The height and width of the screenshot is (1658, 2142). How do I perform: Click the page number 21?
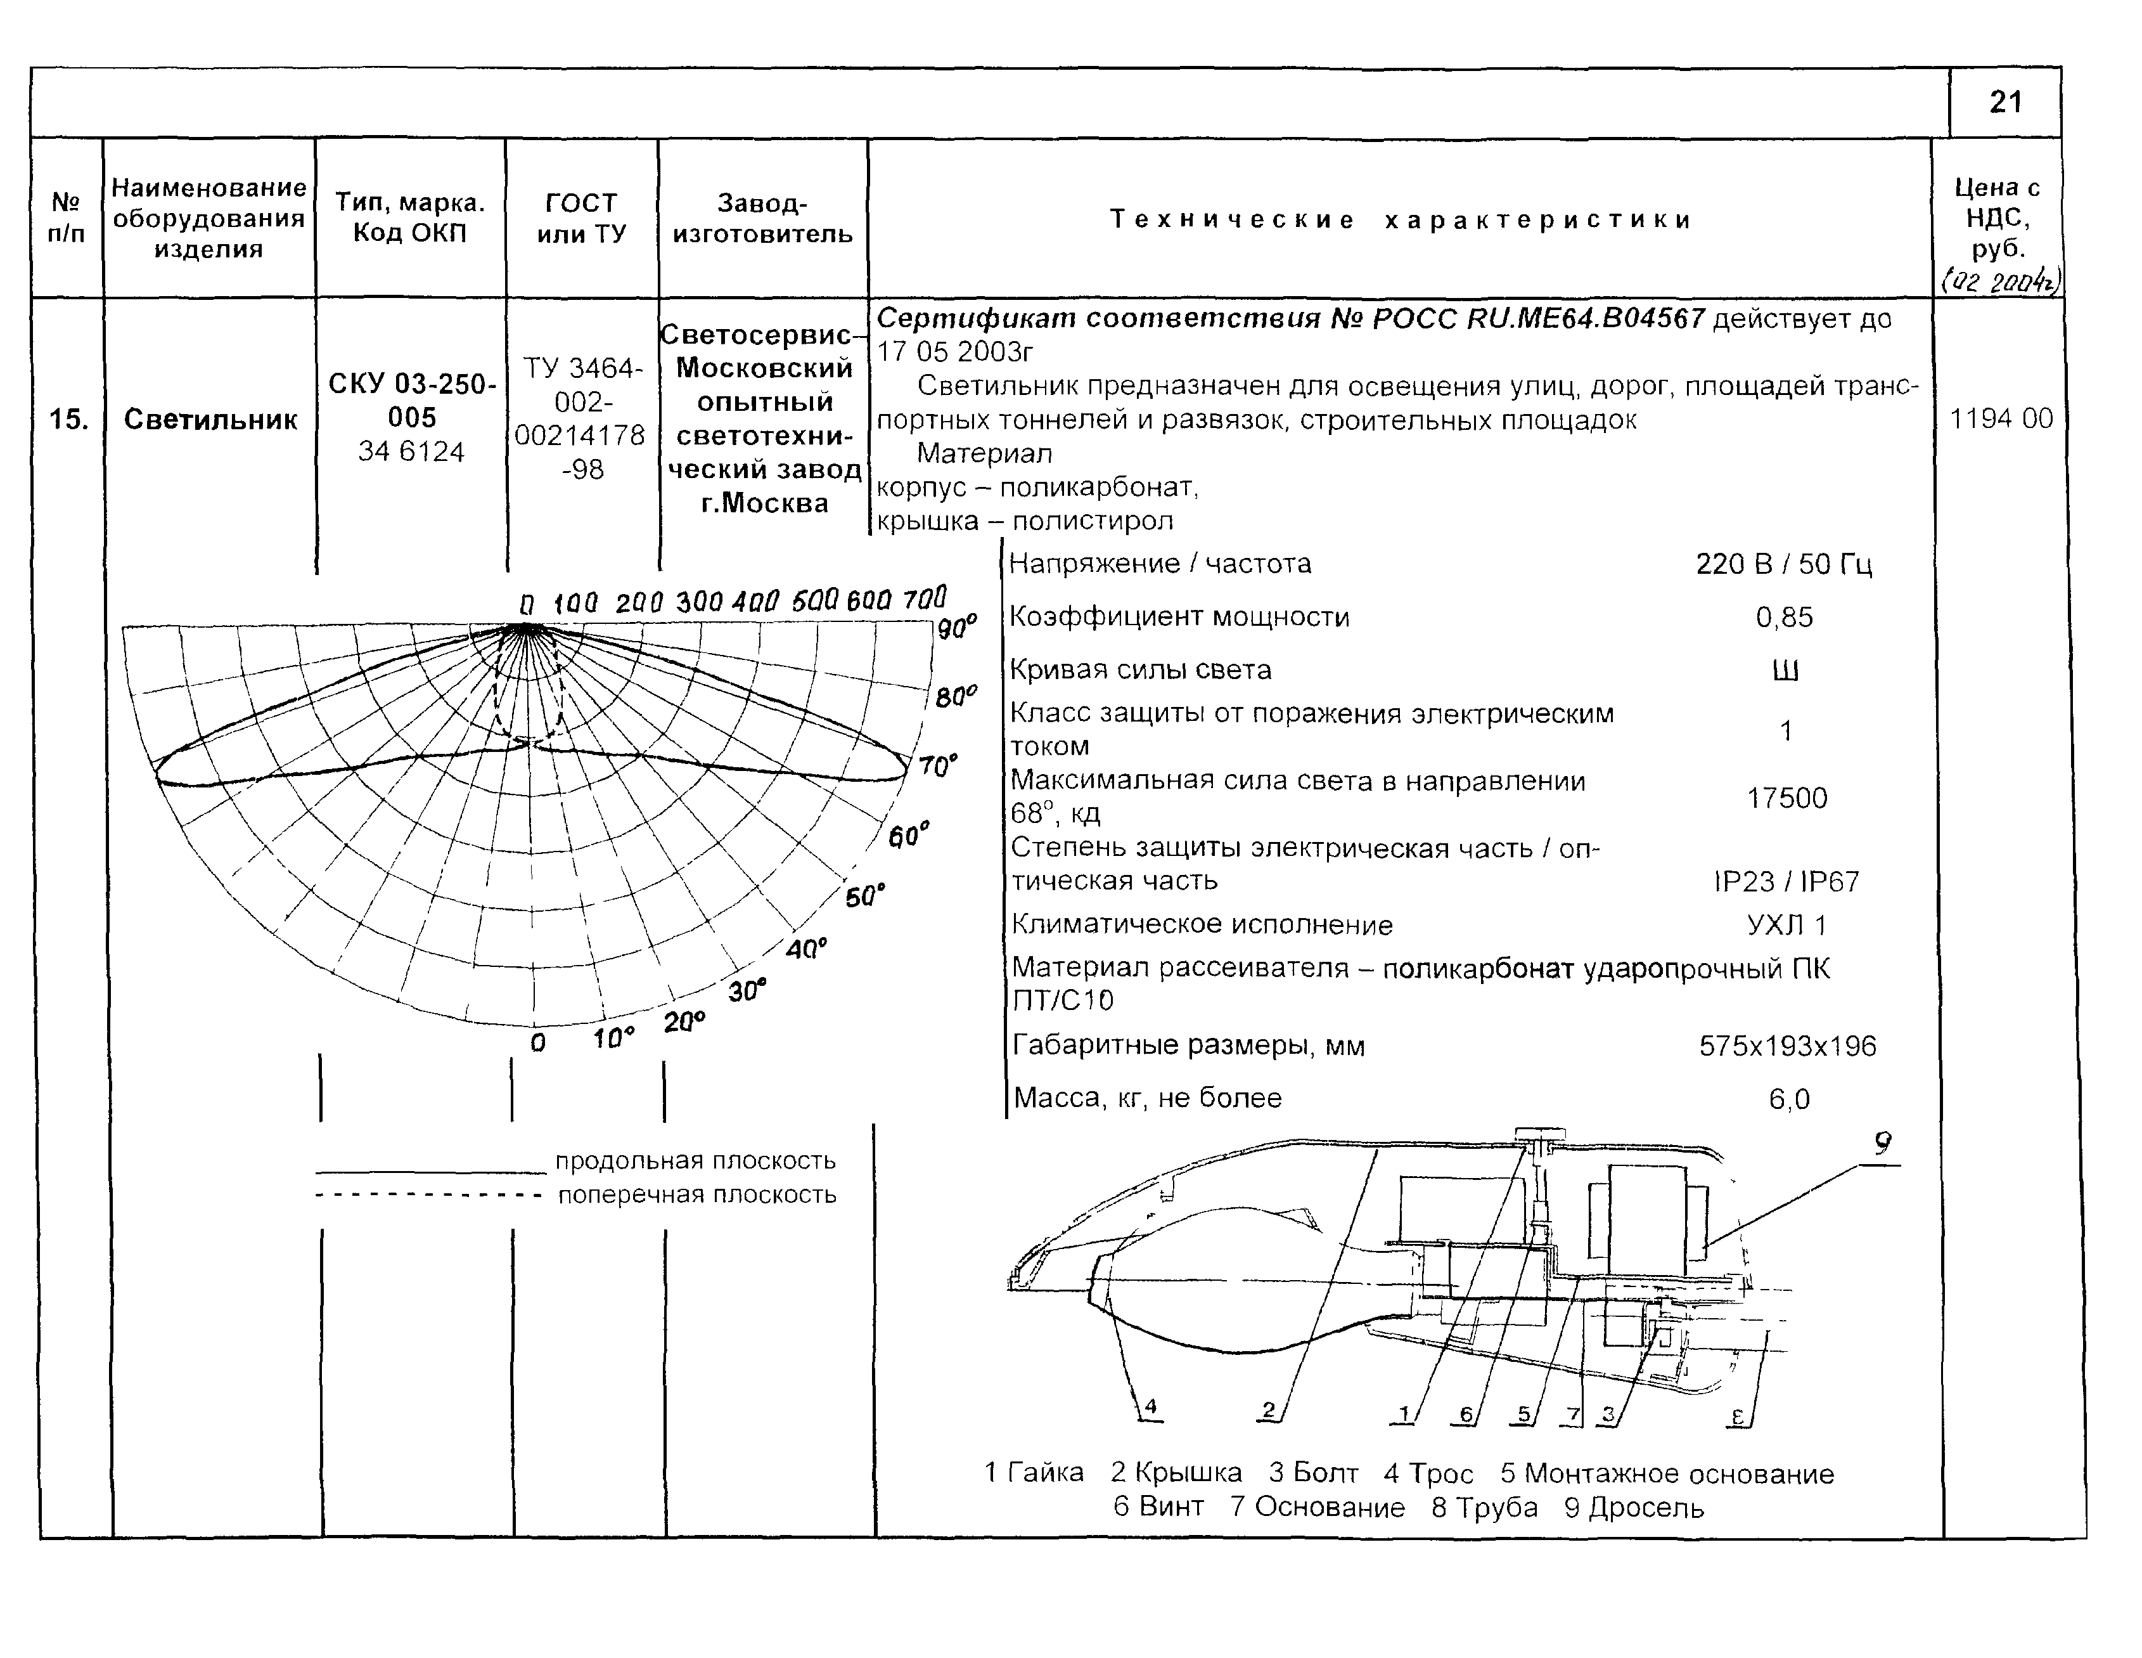point(2006,102)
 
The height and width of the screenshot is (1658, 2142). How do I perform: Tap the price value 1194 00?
point(2001,419)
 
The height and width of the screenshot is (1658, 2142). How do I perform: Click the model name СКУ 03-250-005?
point(412,400)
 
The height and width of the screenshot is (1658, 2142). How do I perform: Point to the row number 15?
point(68,420)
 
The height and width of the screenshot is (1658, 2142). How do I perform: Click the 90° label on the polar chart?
point(957,628)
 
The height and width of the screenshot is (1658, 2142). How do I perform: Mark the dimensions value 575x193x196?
point(1787,1046)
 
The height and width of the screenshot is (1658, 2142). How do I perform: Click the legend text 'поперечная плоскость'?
point(696,1195)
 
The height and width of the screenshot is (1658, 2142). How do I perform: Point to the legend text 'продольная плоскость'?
point(695,1160)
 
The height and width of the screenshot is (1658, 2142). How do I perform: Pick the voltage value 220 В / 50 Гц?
point(1783,564)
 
